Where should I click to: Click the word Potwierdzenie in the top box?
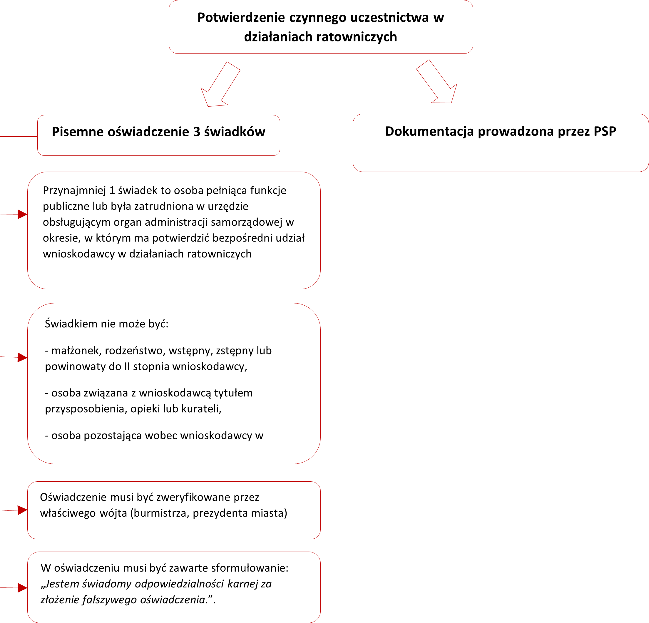click(x=241, y=18)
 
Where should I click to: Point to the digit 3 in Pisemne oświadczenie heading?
click(x=197, y=132)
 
